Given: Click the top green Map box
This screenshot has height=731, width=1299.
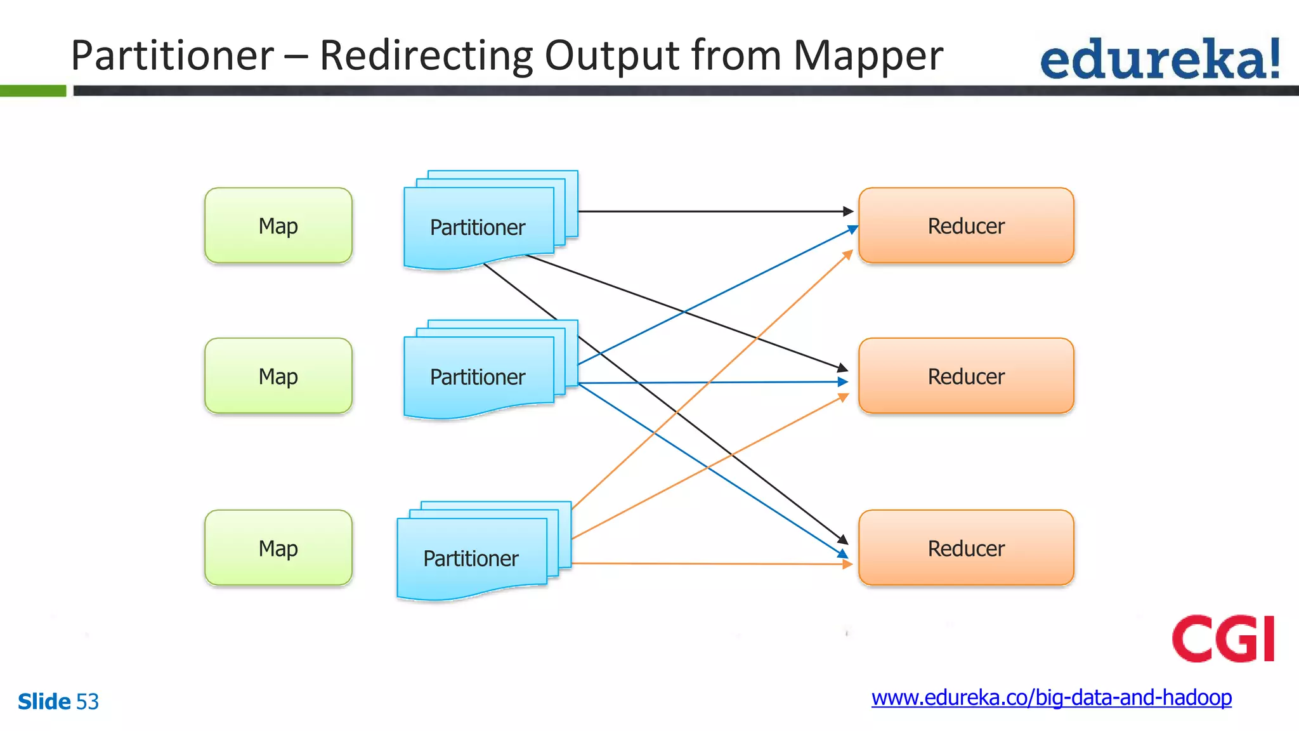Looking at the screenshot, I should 278,225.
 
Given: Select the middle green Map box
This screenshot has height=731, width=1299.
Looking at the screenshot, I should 278,376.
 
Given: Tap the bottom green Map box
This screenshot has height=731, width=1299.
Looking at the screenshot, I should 278,548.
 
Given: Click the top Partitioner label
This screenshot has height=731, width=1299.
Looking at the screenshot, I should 477,227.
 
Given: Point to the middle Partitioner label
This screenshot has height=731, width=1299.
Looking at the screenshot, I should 477,377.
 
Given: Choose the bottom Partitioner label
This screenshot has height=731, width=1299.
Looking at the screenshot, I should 471,558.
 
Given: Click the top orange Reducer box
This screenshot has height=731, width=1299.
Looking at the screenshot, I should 965,225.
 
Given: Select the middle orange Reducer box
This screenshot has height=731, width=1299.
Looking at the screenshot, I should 965,376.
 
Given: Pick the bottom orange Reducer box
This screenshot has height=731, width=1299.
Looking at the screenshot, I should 965,548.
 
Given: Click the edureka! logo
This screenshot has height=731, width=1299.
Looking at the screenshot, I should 1159,60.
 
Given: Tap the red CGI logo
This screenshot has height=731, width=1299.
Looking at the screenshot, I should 1223,638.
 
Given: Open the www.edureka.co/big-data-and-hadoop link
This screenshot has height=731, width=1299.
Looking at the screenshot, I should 1051,697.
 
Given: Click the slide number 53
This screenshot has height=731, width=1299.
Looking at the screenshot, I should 88,702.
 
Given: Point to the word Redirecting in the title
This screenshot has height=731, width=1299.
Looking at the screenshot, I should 426,56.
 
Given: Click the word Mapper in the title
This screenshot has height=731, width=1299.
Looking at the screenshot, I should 868,56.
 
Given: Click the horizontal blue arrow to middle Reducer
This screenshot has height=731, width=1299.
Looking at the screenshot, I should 710,382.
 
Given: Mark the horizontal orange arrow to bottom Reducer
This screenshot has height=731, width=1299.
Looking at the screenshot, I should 710,563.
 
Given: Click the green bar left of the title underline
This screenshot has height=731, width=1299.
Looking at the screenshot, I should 32,91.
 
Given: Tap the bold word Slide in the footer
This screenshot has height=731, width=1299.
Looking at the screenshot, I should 44,702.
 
